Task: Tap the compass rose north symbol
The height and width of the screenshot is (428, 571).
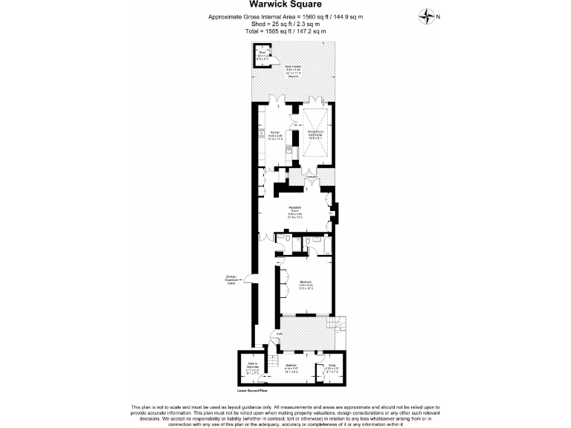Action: point(428,16)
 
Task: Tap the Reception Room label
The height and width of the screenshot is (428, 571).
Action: point(295,210)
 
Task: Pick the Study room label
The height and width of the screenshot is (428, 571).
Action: point(332,367)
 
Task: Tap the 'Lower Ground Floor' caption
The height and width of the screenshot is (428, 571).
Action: point(251,389)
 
